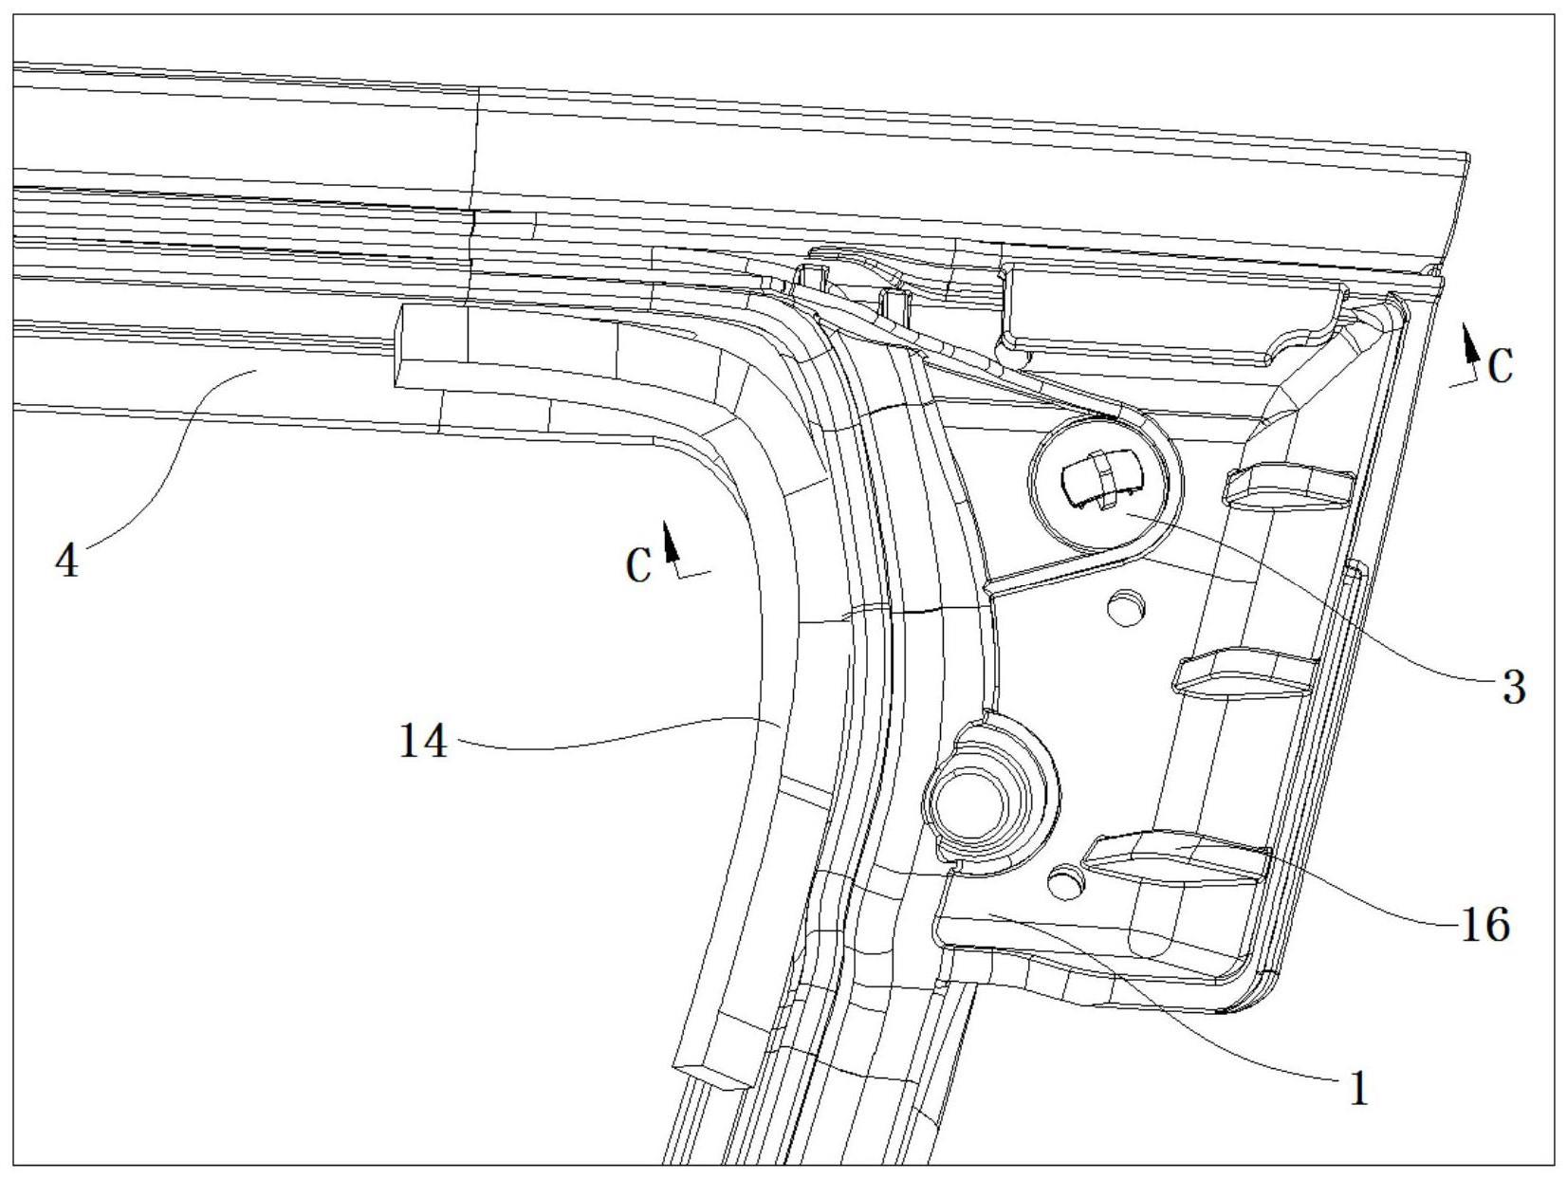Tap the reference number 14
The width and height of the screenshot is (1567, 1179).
[422, 741]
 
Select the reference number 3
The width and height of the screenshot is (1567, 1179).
[1513, 686]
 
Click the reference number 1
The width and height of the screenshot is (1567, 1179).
[1359, 1089]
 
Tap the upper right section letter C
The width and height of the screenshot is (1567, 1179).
[1500, 367]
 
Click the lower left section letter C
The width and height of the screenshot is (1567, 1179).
[639, 566]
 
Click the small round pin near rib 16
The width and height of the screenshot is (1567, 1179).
[1064, 882]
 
